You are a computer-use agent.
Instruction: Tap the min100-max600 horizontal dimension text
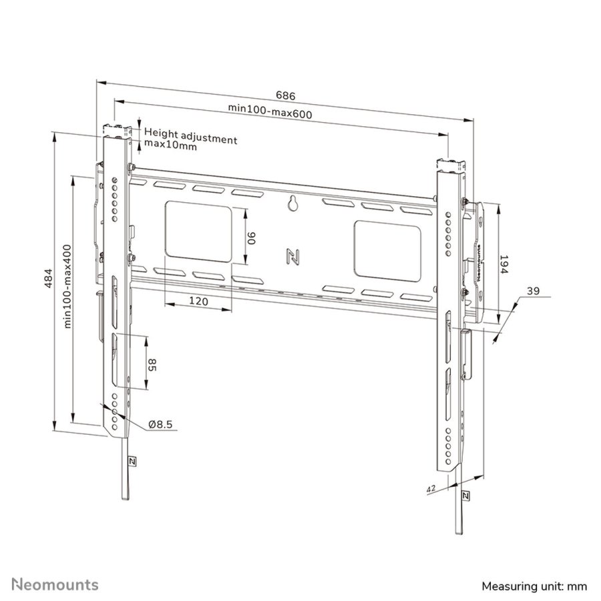(270, 113)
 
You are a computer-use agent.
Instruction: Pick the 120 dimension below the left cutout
(198, 301)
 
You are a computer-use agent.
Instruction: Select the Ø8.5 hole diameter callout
(160, 424)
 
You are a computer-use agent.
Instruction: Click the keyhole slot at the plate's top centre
(292, 204)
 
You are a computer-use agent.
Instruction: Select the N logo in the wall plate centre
(292, 256)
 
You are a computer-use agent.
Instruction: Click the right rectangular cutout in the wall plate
(387, 250)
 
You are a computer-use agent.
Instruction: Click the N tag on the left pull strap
(131, 461)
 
